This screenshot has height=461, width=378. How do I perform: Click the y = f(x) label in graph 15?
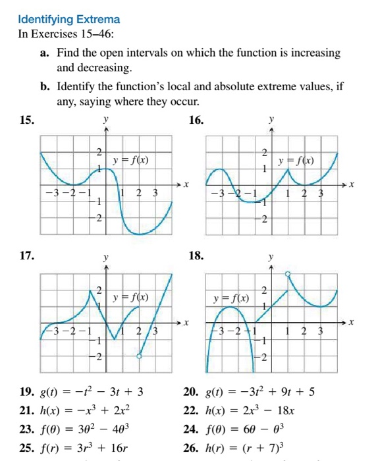[x=130, y=160]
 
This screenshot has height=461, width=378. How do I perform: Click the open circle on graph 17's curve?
[x=139, y=356]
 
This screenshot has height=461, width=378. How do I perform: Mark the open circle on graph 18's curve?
[x=288, y=273]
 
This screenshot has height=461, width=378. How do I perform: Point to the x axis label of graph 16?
[x=352, y=185]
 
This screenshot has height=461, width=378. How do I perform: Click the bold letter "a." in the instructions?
[x=45, y=52]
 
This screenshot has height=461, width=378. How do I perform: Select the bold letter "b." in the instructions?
[x=45, y=86]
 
